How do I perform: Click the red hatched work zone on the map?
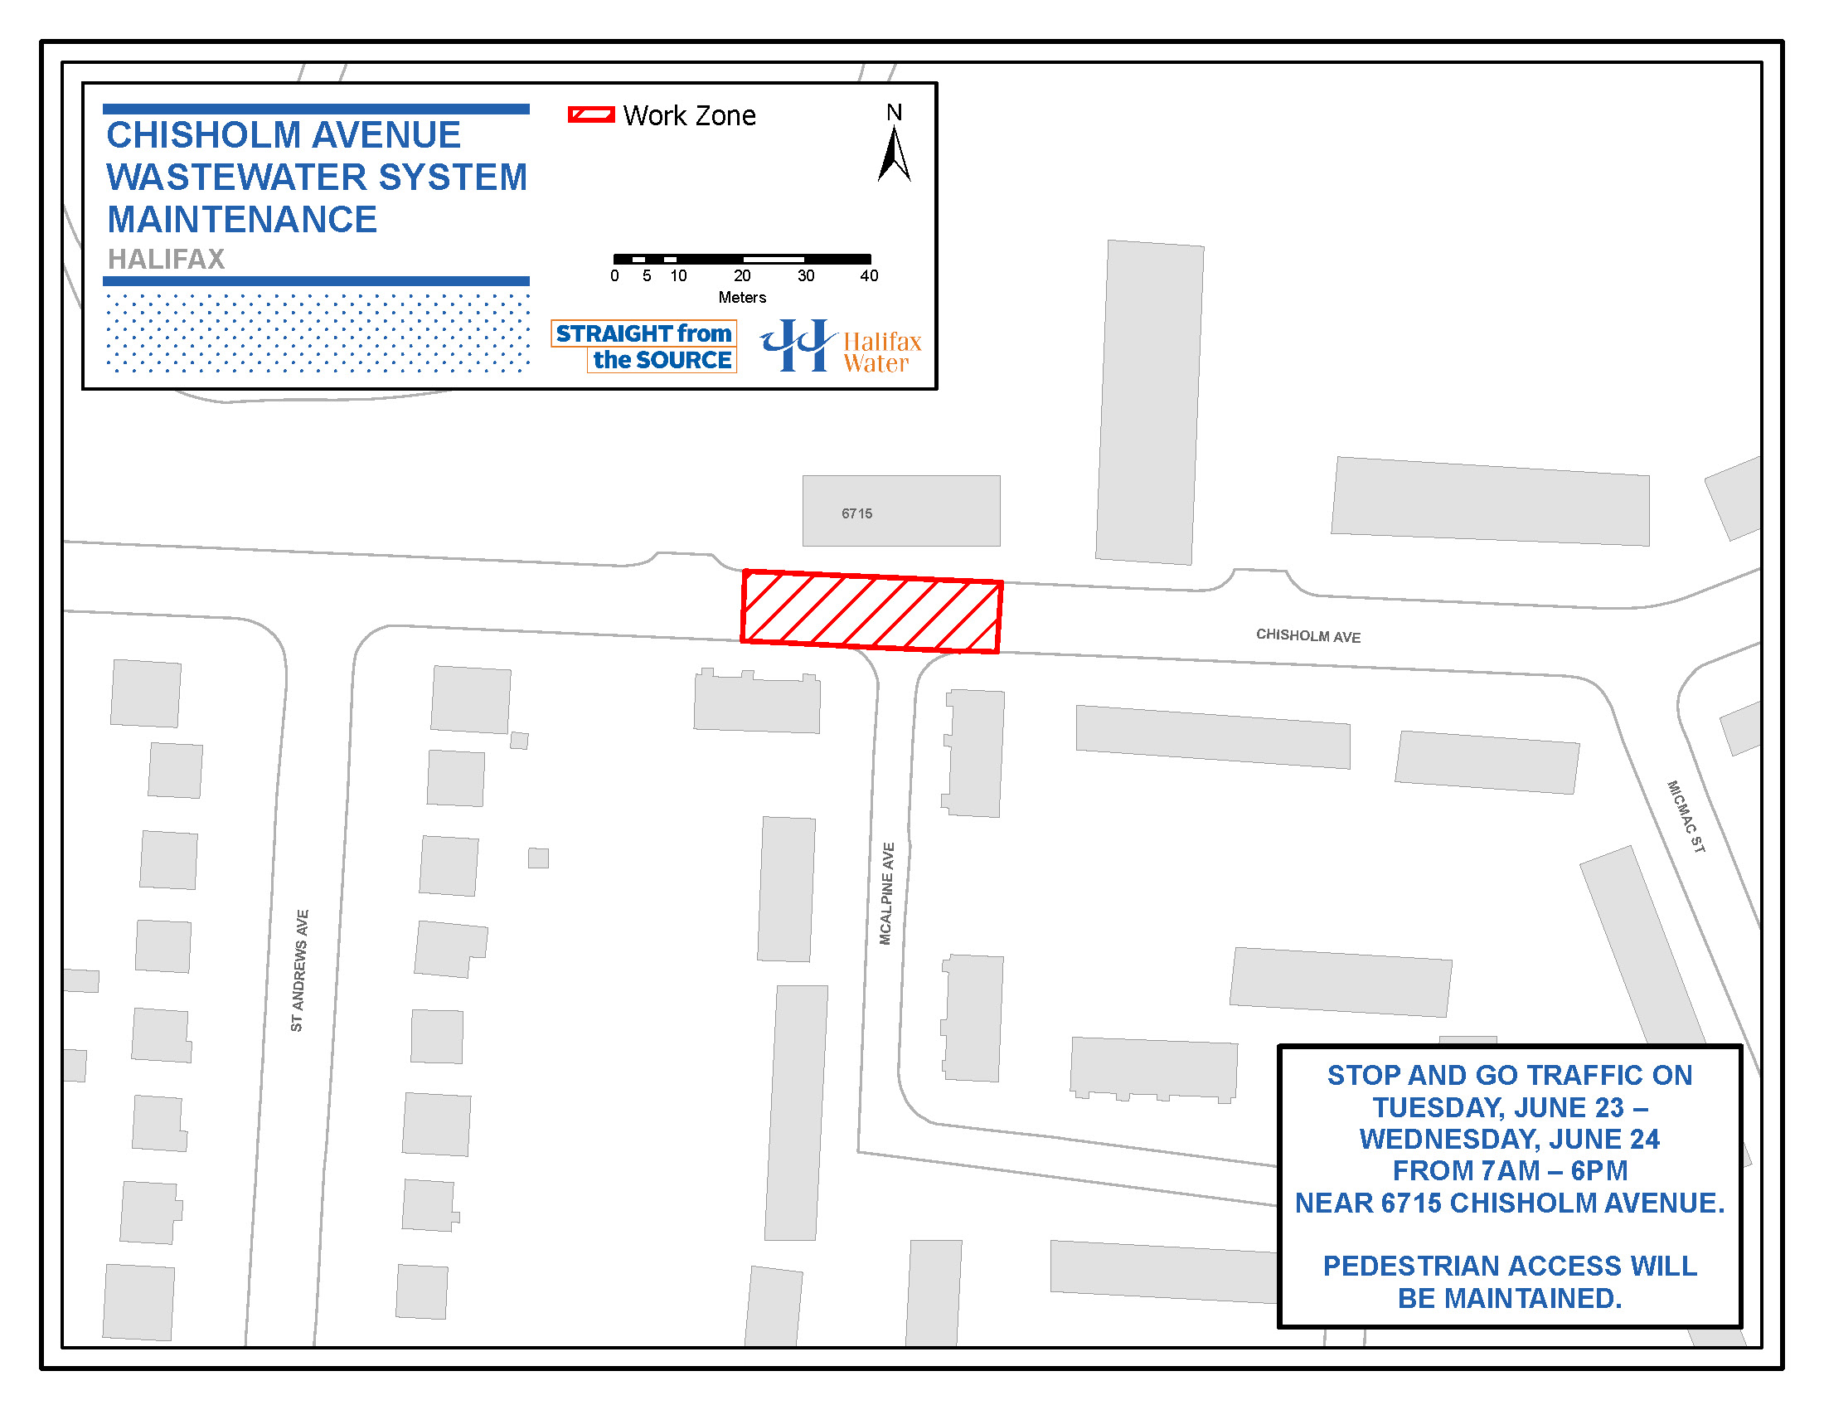coord(871,611)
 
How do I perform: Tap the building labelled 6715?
coord(900,511)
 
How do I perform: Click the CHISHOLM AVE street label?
coord(1307,635)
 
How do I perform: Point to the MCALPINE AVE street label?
coord(886,893)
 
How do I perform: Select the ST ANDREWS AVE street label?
coord(299,970)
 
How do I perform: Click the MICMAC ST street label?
coord(1686,816)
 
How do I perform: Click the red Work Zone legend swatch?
coord(590,115)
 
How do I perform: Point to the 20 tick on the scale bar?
coord(742,275)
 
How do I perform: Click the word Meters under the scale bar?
coord(742,298)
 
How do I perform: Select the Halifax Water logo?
coord(840,346)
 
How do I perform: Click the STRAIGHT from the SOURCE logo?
coord(644,346)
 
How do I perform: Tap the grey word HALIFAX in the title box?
coord(166,259)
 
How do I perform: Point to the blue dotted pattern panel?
coord(318,333)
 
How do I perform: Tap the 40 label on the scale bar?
coord(869,275)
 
